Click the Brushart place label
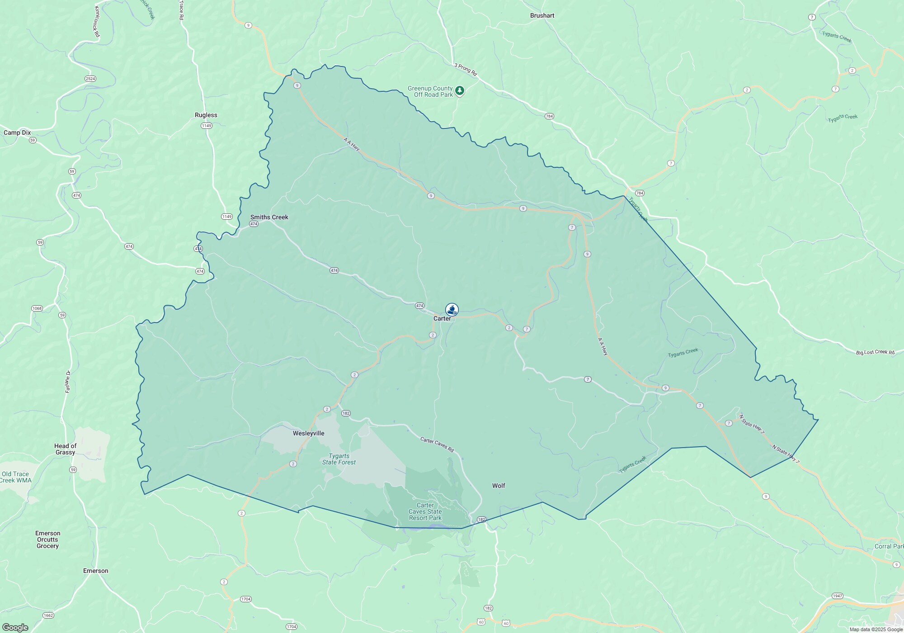[542, 15]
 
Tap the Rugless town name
[206, 115]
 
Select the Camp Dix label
[17, 132]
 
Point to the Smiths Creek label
[269, 217]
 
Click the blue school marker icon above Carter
[452, 309]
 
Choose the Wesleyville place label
[308, 433]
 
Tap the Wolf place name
[499, 486]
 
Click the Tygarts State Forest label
[339, 459]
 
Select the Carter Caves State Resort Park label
[425, 511]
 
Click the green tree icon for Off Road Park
[460, 91]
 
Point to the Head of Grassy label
[66, 449]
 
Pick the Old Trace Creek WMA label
[15, 477]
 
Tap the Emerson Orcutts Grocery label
[47, 539]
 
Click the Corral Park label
[889, 546]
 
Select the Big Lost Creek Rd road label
[875, 352]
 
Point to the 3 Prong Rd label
[466, 69]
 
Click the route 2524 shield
[90, 79]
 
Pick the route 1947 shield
[837, 596]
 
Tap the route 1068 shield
[37, 308]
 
